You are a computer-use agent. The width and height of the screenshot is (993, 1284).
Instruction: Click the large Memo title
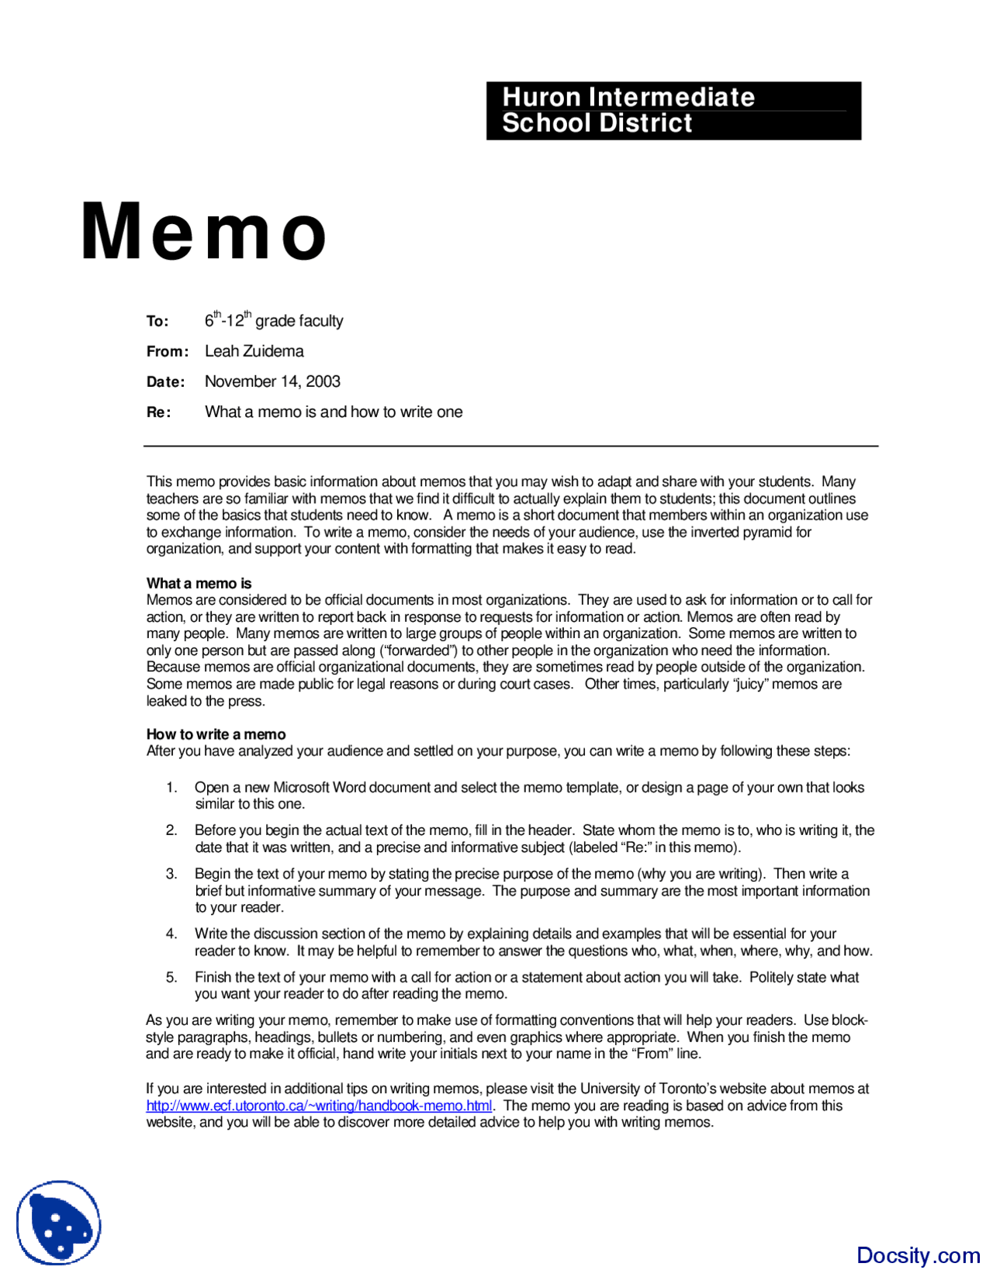click(x=203, y=232)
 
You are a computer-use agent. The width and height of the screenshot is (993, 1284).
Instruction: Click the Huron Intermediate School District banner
click(x=673, y=111)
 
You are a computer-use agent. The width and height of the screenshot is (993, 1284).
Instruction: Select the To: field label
click(x=157, y=321)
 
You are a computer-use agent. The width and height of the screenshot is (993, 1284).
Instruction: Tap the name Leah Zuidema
click(x=254, y=351)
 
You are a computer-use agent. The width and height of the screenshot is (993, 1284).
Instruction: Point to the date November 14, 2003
click(x=272, y=381)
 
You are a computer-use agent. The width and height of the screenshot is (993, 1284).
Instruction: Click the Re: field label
click(x=158, y=412)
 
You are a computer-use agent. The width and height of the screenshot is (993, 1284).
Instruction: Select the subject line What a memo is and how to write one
click(x=334, y=412)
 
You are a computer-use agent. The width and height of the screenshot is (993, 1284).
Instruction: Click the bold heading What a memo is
click(x=199, y=583)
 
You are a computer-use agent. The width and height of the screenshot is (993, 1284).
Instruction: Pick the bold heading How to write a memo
click(x=216, y=734)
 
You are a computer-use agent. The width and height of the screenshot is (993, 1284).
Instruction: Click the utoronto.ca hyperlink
click(x=319, y=1106)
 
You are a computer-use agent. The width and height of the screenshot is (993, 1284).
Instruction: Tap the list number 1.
click(x=171, y=788)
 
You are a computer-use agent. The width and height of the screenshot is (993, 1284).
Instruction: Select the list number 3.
click(x=171, y=874)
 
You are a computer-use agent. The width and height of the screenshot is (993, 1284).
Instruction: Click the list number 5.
click(x=171, y=977)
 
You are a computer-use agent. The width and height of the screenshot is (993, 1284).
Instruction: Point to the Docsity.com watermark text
click(x=918, y=1255)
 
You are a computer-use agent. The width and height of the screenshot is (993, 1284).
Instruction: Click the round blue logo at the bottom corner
click(x=59, y=1223)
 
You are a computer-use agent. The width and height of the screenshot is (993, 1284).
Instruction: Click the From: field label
click(x=168, y=351)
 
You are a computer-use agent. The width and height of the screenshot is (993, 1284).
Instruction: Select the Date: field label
click(x=166, y=382)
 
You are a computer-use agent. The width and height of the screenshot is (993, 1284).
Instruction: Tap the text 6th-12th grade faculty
click(x=274, y=320)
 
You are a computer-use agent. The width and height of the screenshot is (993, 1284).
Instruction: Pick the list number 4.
click(x=171, y=934)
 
